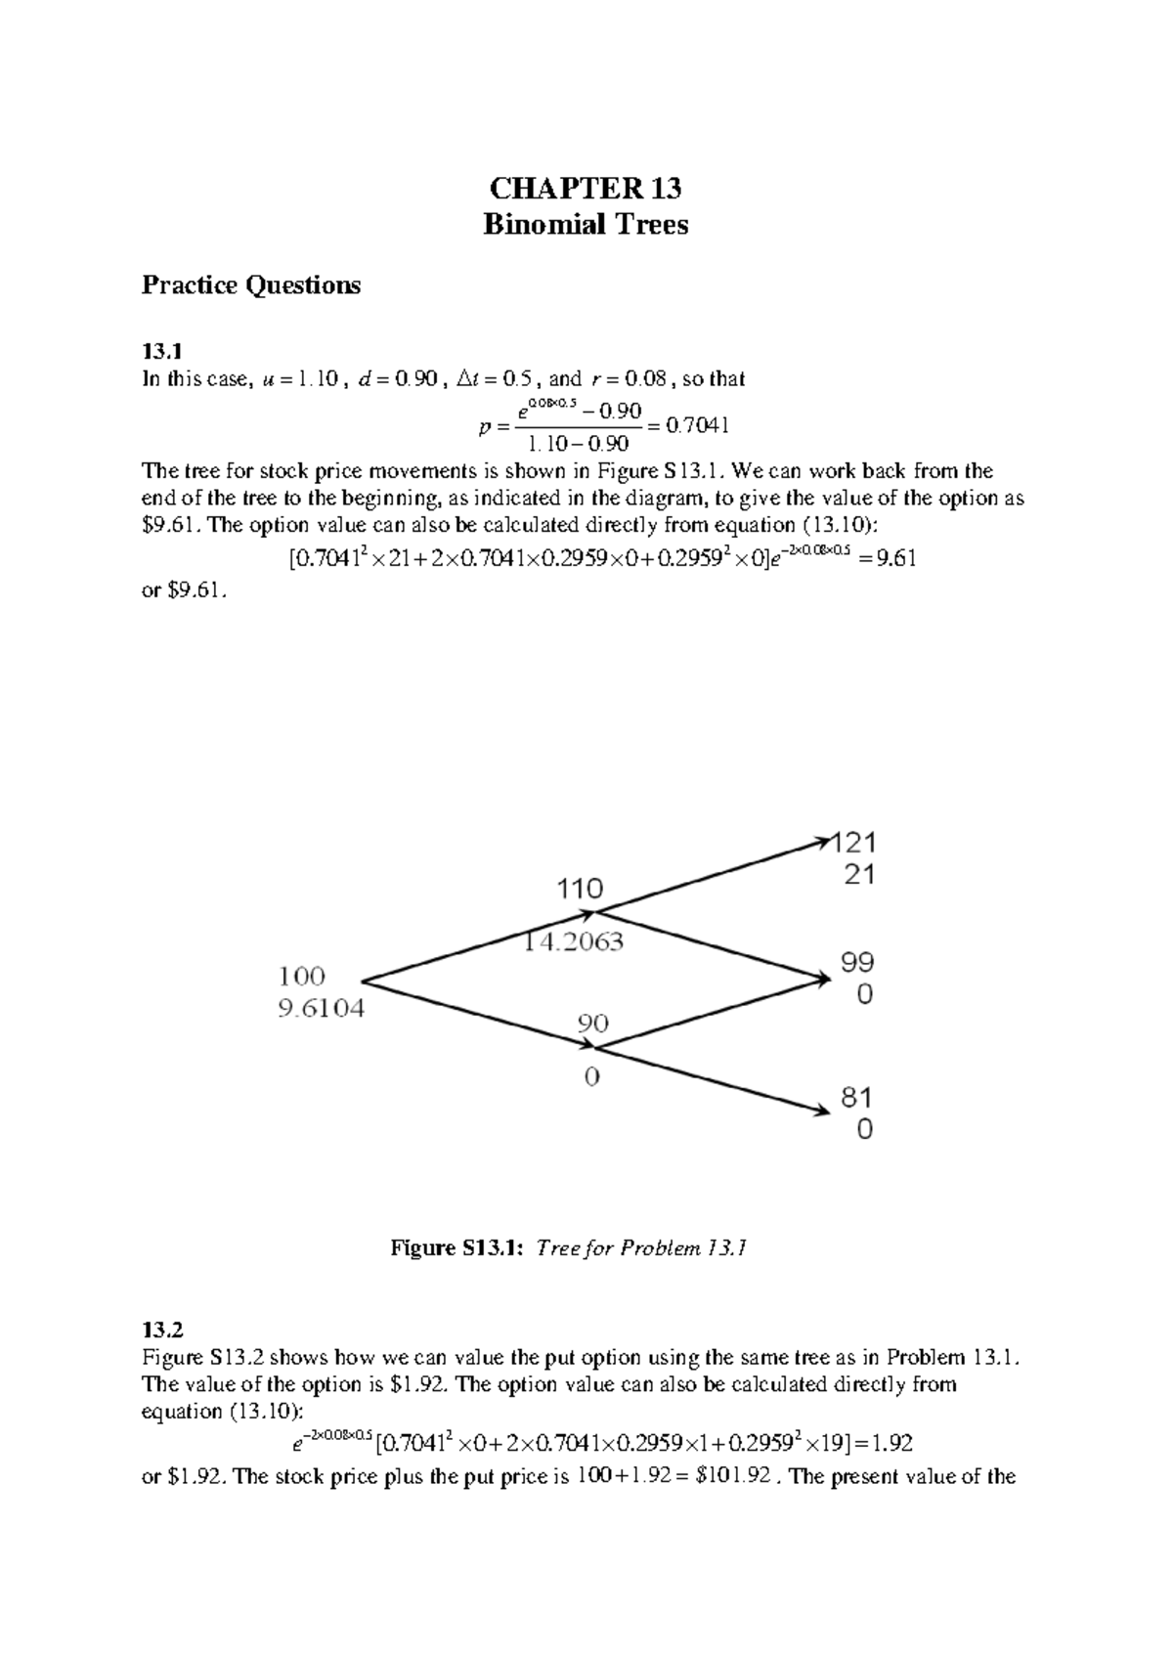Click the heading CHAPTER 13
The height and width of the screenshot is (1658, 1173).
click(586, 188)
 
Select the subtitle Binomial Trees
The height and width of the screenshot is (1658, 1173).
click(586, 225)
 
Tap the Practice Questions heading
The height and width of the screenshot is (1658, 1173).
click(250, 285)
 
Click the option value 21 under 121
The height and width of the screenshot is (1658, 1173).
click(858, 875)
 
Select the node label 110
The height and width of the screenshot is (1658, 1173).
click(580, 889)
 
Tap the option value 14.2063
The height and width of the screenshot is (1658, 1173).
click(575, 943)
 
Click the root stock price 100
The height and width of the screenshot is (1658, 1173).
click(302, 976)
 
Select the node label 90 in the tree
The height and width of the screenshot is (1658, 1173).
click(592, 1024)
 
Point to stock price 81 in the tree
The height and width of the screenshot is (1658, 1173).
click(857, 1097)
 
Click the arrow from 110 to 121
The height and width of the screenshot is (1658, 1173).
click(714, 875)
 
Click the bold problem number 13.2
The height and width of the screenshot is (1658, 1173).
click(162, 1330)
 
